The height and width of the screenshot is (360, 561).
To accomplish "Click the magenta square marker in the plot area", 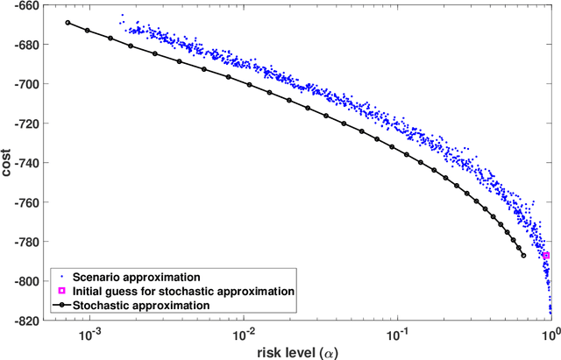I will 545,255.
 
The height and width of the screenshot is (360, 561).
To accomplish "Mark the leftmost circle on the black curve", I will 67,23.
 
